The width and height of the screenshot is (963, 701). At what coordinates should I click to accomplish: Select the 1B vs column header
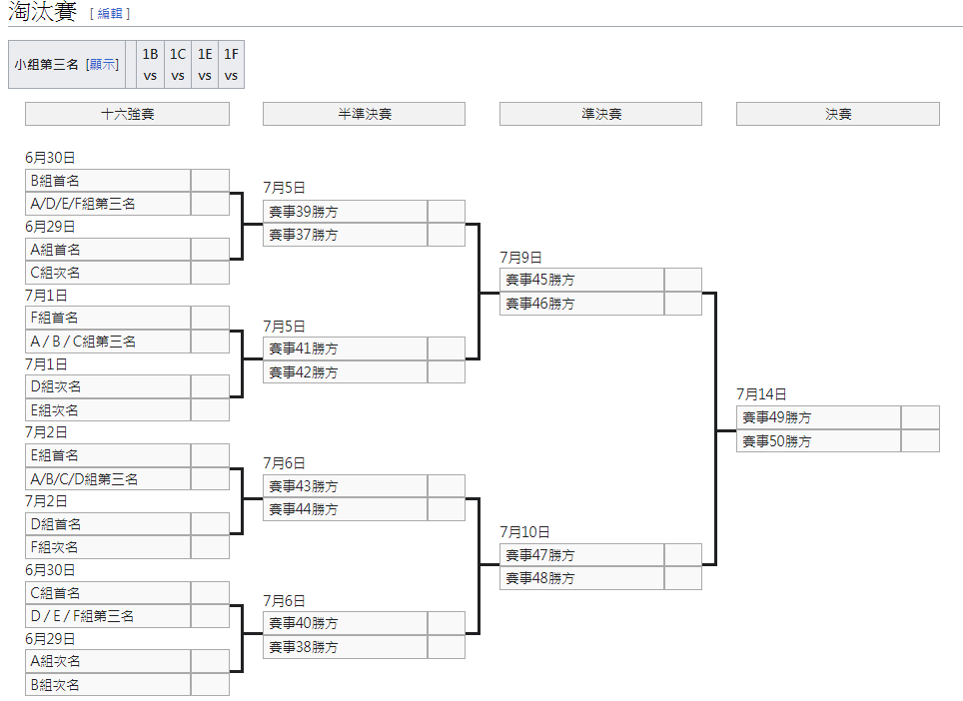150,65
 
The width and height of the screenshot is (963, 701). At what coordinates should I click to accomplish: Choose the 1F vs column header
231,65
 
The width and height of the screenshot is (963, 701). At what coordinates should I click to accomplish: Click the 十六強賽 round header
127,114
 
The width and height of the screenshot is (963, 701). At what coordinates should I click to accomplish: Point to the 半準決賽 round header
364,114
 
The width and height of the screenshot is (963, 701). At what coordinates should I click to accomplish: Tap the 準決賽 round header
600,114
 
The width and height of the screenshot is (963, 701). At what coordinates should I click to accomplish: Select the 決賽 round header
837,114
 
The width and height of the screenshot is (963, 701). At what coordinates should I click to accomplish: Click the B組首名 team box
108,181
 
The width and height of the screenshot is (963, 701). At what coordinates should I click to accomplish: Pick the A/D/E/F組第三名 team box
108,204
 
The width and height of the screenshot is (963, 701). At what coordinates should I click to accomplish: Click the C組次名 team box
108,273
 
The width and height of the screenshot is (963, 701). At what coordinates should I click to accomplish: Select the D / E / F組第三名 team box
108,616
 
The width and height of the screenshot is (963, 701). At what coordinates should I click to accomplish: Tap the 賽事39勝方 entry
346,212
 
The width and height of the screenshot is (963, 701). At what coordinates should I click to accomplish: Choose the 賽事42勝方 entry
346,372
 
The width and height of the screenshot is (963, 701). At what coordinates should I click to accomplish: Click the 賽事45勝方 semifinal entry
581,280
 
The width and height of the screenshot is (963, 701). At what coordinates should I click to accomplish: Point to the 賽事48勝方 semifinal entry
581,578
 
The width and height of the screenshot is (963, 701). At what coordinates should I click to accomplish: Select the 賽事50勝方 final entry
818,441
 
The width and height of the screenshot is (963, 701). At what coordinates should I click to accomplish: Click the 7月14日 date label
761,394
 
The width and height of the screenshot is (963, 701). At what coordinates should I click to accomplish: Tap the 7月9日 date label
520,258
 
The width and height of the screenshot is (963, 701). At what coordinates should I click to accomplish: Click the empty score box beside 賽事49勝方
920,417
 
